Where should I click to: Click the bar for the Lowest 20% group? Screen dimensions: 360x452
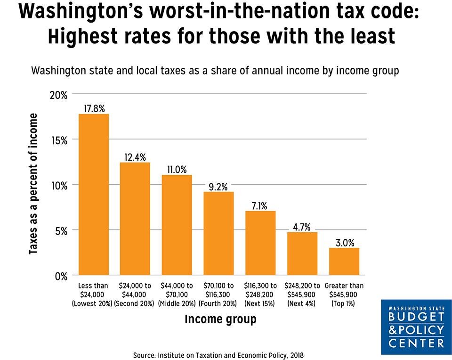pyautogui.click(x=94, y=195)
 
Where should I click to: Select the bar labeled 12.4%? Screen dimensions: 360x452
pyautogui.click(x=135, y=219)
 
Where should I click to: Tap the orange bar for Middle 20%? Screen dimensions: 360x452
pyautogui.click(x=177, y=225)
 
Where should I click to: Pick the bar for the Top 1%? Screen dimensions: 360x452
pyautogui.click(x=344, y=262)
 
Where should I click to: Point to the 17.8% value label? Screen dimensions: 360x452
pyautogui.click(x=94, y=108)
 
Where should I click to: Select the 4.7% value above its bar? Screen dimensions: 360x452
pyautogui.click(x=302, y=227)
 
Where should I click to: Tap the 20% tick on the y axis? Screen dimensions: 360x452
pyautogui.click(x=58, y=95)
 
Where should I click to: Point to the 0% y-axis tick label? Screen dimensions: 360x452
pyautogui.click(x=61, y=276)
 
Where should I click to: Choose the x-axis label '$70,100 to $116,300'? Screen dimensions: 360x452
pyautogui.click(x=218, y=295)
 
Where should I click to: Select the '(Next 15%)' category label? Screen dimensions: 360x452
pyautogui.click(x=260, y=304)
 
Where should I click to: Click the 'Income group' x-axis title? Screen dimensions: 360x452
pyautogui.click(x=220, y=319)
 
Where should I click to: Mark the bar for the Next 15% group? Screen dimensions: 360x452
pyautogui.click(x=260, y=243)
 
